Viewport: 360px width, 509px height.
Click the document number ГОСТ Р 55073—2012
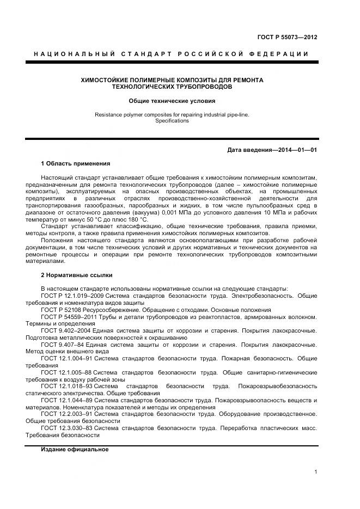point(287,38)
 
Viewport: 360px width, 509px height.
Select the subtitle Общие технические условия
point(172,101)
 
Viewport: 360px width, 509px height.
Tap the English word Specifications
point(172,121)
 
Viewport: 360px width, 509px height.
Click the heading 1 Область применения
point(75,163)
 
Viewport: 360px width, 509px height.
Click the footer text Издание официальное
point(75,450)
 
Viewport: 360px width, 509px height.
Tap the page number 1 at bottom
point(315,472)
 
